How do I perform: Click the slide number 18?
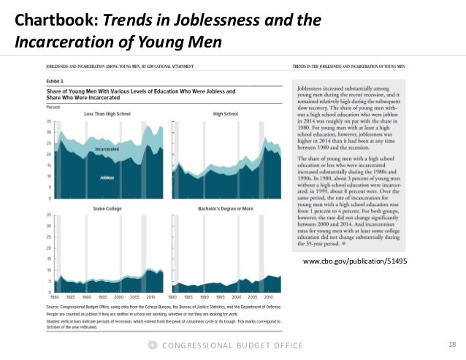tap(451, 344)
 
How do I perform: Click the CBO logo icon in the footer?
tap(151, 345)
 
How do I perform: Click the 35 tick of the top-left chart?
tap(48, 121)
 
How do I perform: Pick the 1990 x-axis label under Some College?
tap(86, 298)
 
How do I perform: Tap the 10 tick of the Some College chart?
tap(48, 269)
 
